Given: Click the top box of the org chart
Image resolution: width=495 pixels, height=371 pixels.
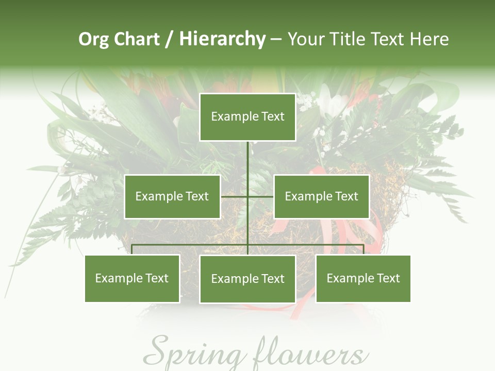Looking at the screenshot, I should point(247,117).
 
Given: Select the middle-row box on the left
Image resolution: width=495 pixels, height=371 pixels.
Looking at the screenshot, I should point(172,196).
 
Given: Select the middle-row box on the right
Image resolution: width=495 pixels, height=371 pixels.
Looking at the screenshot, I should point(321,196).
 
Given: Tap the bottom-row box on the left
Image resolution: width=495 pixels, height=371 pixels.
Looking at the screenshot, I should point(132,278).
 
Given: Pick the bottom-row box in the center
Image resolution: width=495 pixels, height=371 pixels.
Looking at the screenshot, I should point(247,279).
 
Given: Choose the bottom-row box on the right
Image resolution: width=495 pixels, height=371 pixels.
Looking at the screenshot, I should point(363,278).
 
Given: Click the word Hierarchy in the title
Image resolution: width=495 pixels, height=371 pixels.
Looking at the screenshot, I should point(222,39).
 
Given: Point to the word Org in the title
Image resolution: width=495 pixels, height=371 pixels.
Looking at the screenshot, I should point(94,39).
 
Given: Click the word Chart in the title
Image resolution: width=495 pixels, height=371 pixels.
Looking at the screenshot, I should point(138,39).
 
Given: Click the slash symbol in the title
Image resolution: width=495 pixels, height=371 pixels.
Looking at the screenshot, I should point(169,39).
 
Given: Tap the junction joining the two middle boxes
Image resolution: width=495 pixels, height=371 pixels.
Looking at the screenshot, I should point(247,196).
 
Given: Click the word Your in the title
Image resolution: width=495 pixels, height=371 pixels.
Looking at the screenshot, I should point(307,39).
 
